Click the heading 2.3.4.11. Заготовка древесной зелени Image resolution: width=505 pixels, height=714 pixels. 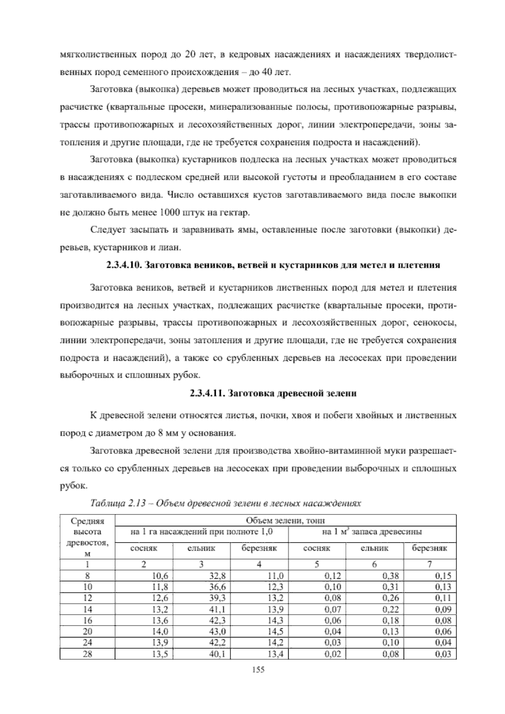(273, 394)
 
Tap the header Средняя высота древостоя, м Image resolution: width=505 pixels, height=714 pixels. (88, 537)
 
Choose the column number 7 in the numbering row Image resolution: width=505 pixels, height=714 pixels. (430, 565)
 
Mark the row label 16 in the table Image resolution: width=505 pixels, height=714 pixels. (88, 621)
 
